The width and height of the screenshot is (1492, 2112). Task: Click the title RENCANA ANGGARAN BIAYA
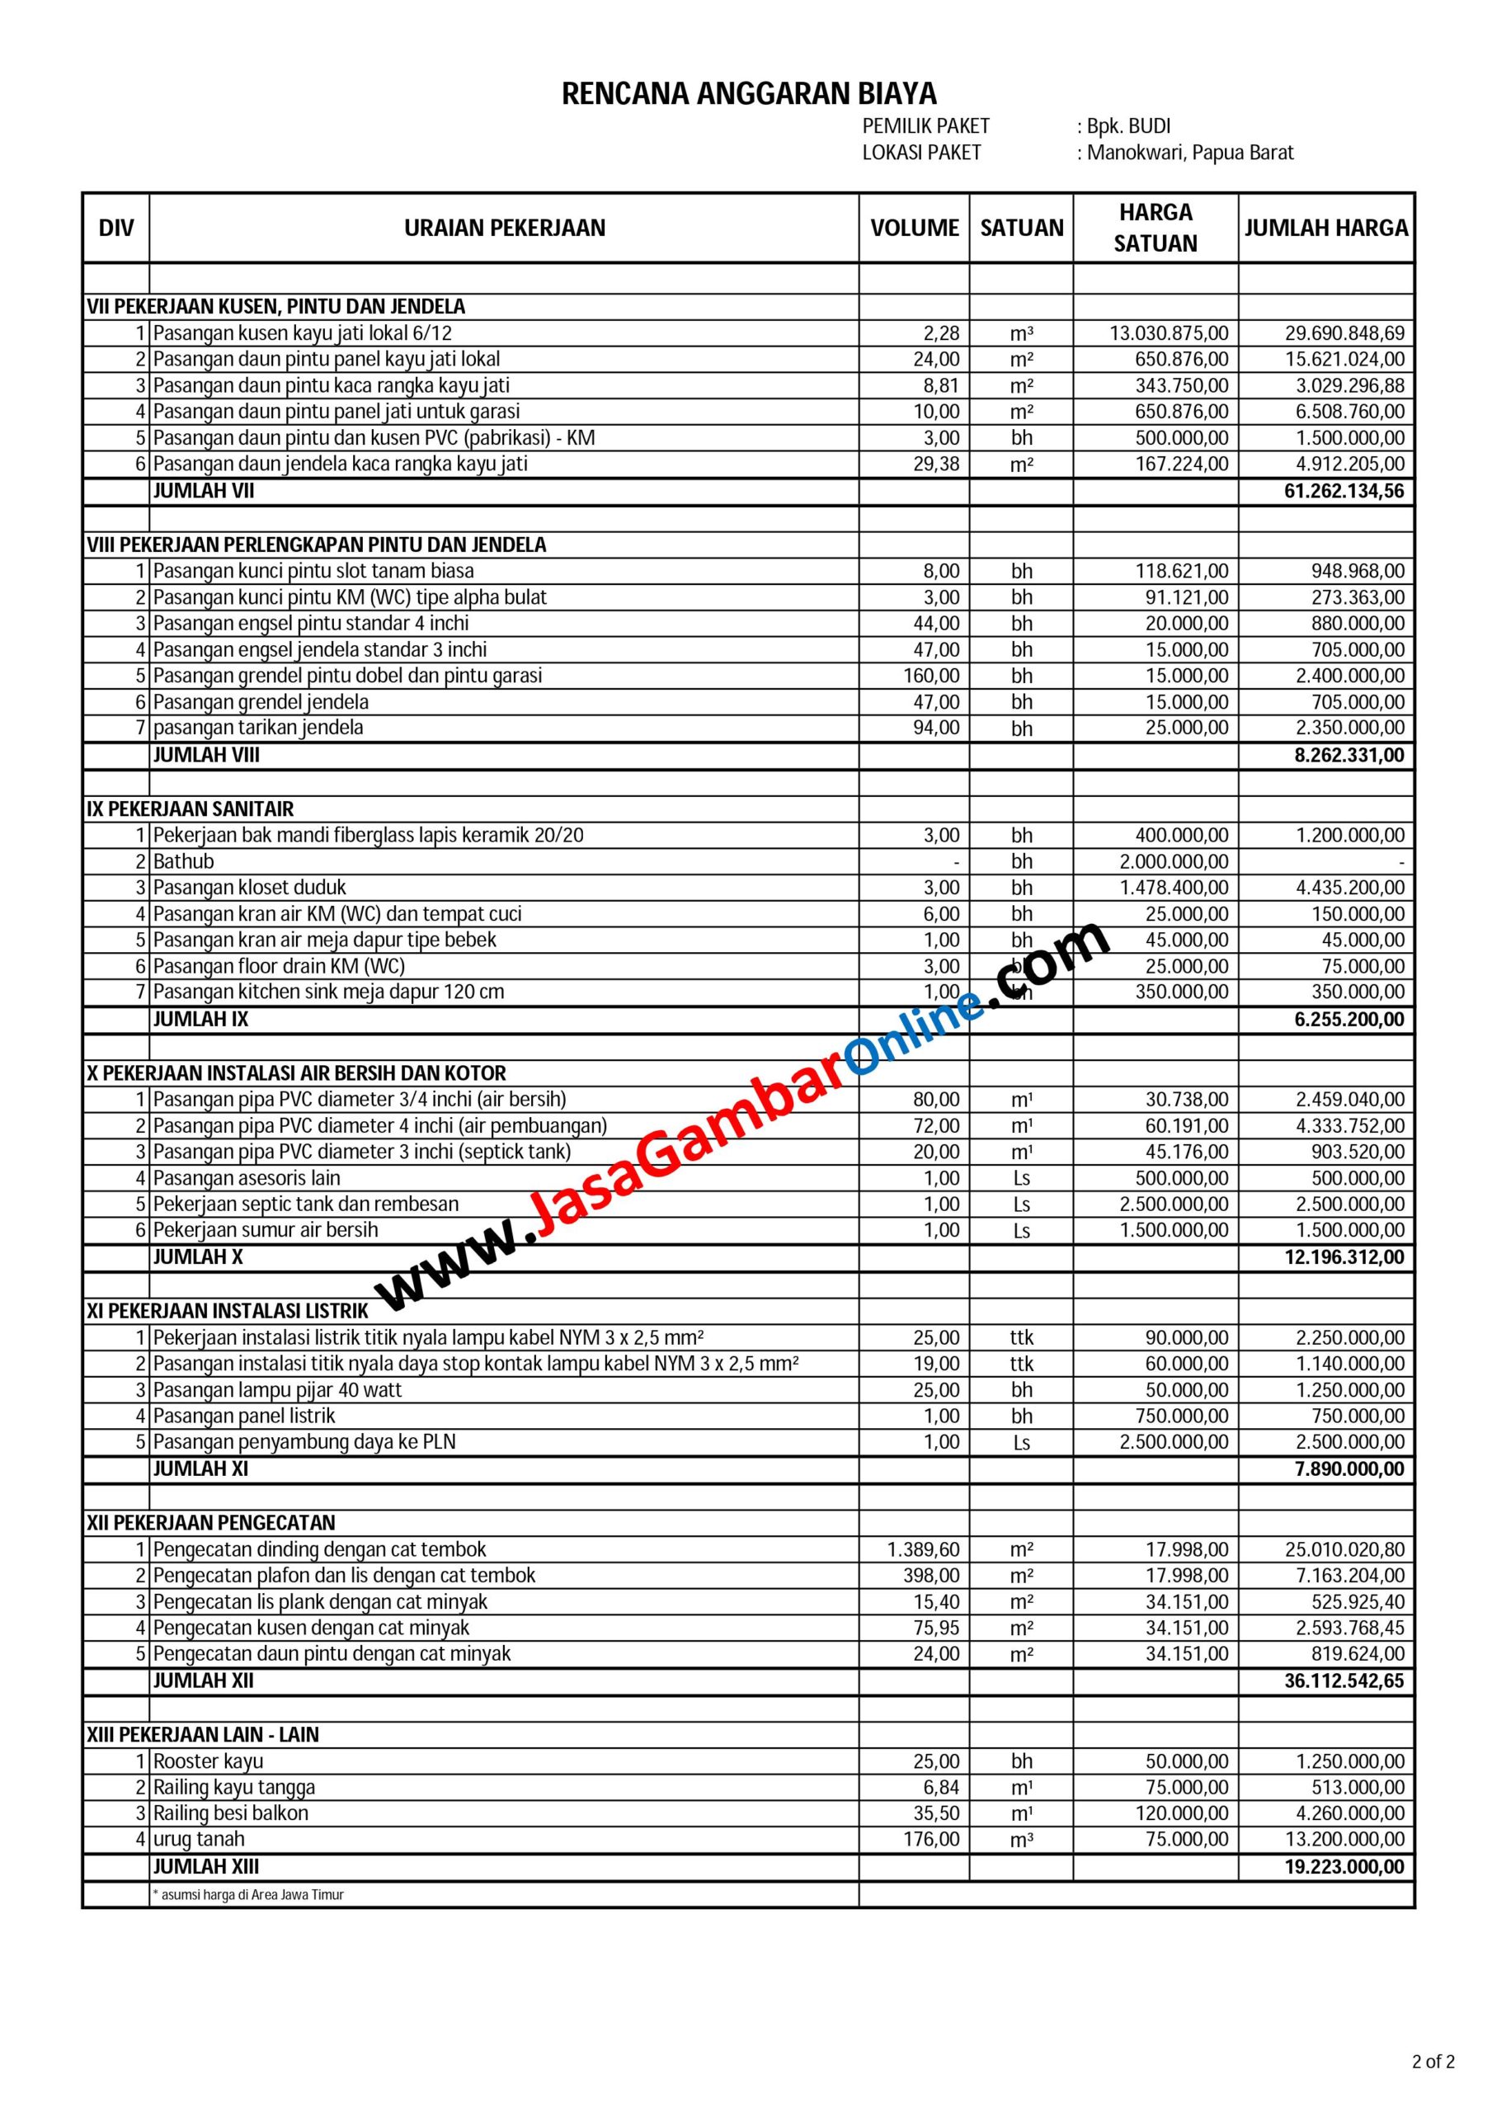(749, 94)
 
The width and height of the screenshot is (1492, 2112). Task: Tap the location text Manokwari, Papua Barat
(1189, 153)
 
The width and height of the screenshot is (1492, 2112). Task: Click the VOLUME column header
(915, 229)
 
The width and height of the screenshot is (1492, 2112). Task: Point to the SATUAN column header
(1021, 229)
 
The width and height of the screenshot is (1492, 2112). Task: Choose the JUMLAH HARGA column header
(1325, 229)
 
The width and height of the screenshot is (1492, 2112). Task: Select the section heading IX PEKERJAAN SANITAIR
(191, 809)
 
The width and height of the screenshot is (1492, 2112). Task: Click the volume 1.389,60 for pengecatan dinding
(924, 1550)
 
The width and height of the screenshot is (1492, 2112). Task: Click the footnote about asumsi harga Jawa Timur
(248, 1895)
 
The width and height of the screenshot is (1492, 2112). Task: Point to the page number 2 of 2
(1433, 2081)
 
